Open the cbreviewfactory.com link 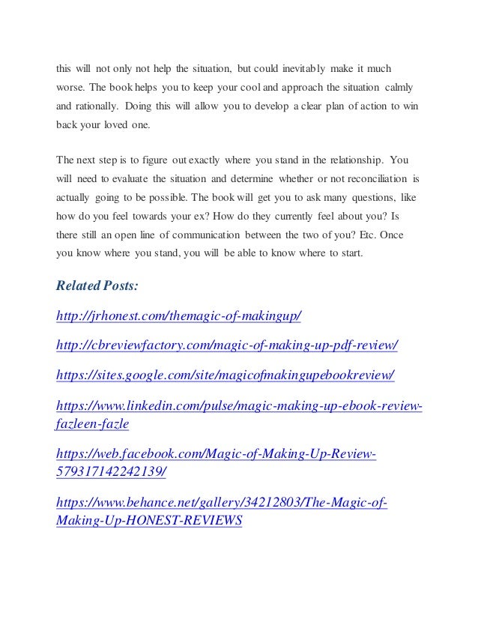coord(227,345)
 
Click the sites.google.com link coord(226,374)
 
